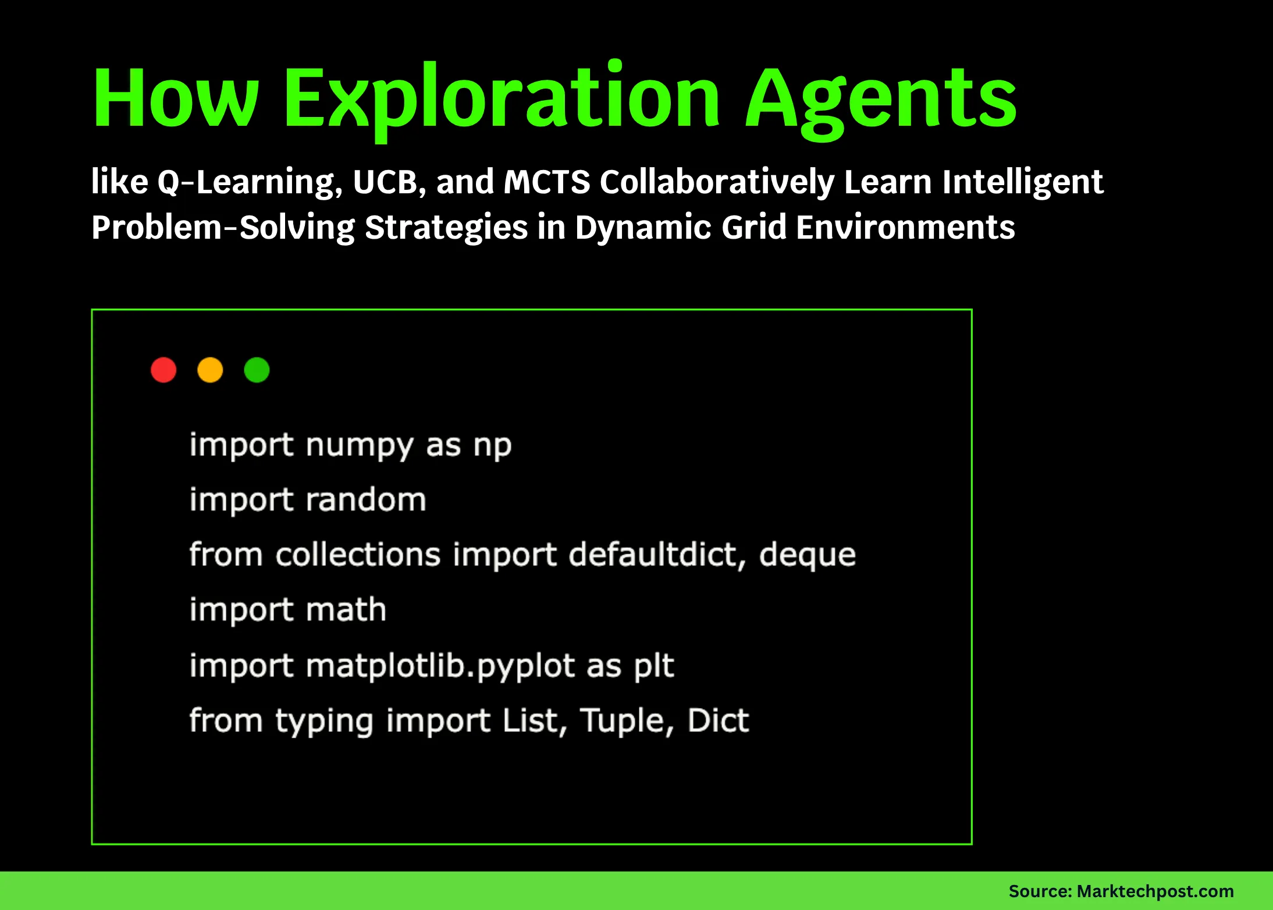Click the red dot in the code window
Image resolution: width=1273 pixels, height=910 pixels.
click(x=163, y=370)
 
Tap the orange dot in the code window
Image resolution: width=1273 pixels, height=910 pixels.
click(x=210, y=370)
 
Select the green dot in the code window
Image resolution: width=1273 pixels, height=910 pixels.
click(x=257, y=370)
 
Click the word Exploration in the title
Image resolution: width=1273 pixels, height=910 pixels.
click(x=502, y=99)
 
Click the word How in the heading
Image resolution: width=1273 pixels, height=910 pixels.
click(x=175, y=99)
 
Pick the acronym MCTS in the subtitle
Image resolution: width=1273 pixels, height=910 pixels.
click(x=546, y=182)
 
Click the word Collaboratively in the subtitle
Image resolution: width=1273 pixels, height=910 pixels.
click(x=717, y=182)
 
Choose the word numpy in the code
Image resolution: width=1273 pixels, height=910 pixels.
click(x=359, y=446)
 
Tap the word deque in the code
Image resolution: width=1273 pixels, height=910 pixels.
click(x=807, y=555)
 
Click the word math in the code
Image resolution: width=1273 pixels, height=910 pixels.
click(x=346, y=610)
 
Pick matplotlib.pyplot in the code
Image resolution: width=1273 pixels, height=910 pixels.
click(x=440, y=665)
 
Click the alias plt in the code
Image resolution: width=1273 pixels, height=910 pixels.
click(x=653, y=665)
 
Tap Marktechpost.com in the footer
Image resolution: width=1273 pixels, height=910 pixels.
click(x=1155, y=891)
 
